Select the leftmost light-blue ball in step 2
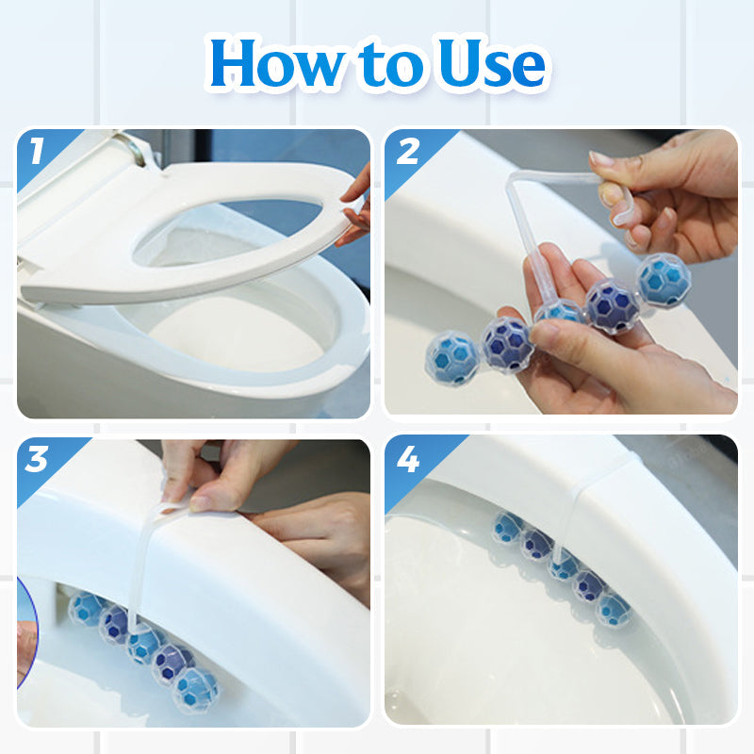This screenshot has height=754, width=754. tap(452, 359)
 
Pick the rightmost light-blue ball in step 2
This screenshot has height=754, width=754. tap(664, 280)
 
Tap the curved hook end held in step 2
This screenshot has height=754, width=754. tap(620, 207)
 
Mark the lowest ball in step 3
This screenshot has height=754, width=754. tap(196, 691)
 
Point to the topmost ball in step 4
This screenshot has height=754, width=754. tap(508, 528)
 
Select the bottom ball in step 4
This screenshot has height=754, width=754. tap(613, 610)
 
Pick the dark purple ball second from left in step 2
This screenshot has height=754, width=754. tap(508, 344)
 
